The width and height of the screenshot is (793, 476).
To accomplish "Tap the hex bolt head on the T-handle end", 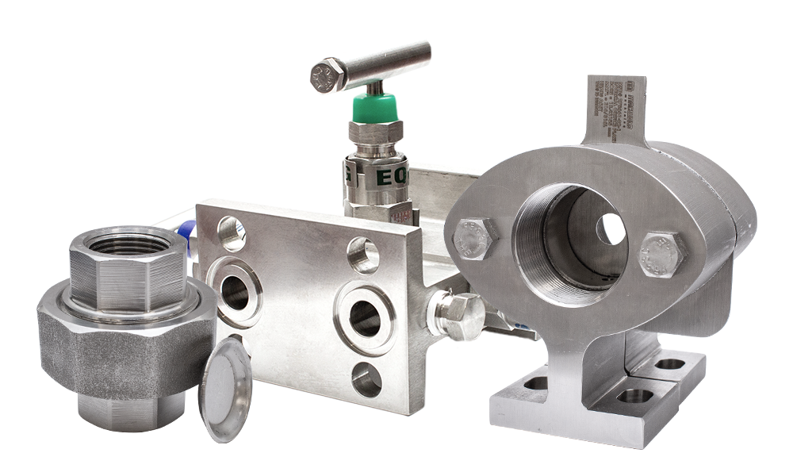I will point(327,75).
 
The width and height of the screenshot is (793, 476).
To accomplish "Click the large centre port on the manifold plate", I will point(364,317).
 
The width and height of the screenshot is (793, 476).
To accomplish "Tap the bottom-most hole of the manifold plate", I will point(366,380).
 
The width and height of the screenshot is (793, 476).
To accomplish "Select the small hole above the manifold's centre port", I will point(362,257).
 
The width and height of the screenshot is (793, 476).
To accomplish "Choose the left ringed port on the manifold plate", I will point(235,292).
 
